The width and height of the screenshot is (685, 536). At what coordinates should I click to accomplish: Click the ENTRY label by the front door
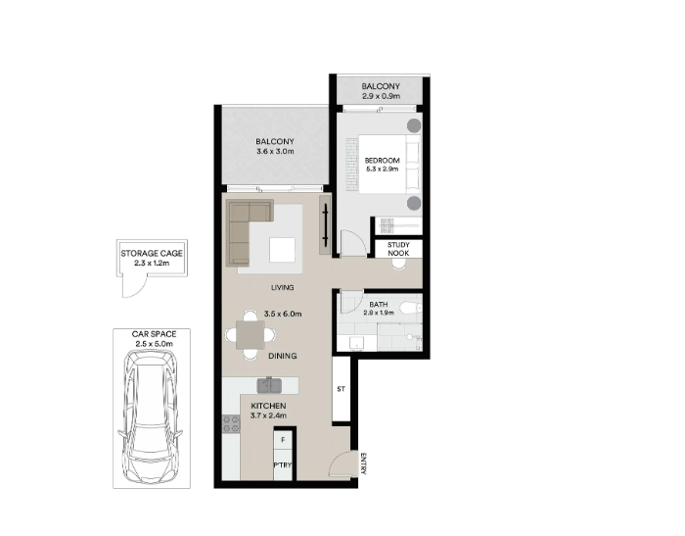pos(363,463)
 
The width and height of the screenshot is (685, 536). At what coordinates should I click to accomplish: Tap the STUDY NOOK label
pos(398,249)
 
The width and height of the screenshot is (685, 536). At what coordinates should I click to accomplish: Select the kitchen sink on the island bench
pos(269,385)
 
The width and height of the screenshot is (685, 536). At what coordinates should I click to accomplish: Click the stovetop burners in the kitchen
pos(231,424)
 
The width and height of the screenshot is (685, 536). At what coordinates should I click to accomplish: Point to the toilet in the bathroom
pos(410,308)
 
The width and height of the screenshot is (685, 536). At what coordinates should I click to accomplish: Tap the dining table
pos(251,335)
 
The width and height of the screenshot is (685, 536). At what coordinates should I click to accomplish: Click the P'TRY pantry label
pos(283,464)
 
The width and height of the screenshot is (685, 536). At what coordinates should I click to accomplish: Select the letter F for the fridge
pos(283,440)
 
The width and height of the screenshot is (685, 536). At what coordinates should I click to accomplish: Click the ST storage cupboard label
pos(342,389)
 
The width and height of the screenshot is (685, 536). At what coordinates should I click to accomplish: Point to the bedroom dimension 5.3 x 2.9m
pos(383,169)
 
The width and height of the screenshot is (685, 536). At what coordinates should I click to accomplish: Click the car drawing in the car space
pos(150,417)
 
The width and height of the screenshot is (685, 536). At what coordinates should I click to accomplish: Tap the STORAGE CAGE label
pos(152,254)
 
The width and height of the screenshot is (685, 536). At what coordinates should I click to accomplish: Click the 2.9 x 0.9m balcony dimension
pos(381,96)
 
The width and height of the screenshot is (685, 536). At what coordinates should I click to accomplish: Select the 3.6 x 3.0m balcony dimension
pos(275,151)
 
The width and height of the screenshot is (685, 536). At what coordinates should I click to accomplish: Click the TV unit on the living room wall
pos(325,224)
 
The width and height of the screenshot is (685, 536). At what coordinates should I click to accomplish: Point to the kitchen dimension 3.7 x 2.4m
pos(268,415)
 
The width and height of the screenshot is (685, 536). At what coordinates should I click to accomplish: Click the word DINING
pos(283,356)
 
